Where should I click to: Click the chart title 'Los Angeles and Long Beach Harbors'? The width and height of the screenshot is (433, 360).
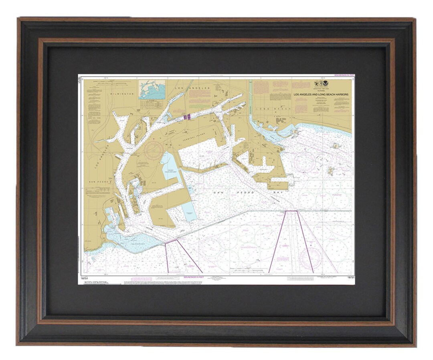click(321, 95)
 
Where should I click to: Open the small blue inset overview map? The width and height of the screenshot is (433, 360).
click(152, 89)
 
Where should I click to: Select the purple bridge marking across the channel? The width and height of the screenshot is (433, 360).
click(186, 117)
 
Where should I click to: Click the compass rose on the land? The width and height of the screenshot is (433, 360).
click(154, 151)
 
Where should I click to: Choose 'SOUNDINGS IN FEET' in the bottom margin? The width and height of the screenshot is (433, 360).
click(194, 277)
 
